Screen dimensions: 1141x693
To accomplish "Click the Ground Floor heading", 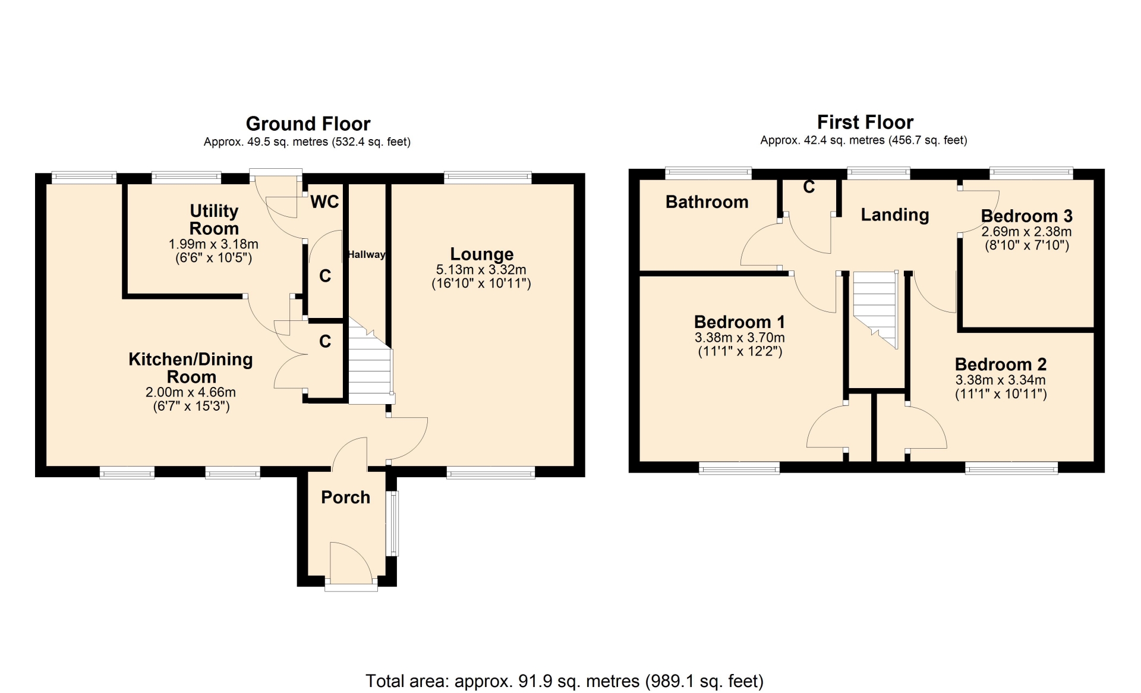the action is [x=308, y=124].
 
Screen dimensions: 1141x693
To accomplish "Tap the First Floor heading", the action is [x=865, y=122].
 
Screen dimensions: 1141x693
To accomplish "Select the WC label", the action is [x=324, y=202].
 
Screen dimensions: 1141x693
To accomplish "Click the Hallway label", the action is [x=366, y=254].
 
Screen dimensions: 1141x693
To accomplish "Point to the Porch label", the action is [x=345, y=497].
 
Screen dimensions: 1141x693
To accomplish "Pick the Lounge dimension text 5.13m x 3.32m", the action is [x=481, y=269].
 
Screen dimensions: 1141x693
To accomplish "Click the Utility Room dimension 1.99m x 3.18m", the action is [x=213, y=244].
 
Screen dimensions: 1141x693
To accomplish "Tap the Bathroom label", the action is [x=707, y=202].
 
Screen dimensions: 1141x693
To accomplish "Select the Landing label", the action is [x=895, y=215].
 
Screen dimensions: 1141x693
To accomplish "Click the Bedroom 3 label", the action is [x=1026, y=216].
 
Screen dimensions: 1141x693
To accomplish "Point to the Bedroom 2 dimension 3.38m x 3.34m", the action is [x=1001, y=380].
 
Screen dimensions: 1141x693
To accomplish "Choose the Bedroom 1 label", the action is [x=739, y=322].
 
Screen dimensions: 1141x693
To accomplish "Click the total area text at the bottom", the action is [x=565, y=681].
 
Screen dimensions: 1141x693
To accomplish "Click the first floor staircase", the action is [x=875, y=309].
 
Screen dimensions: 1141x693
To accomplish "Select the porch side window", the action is [x=392, y=523].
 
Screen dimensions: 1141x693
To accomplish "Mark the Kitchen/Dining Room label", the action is [x=191, y=368].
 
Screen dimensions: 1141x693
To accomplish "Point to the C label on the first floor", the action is [x=809, y=187].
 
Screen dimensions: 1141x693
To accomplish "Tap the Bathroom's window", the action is [x=708, y=173].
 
